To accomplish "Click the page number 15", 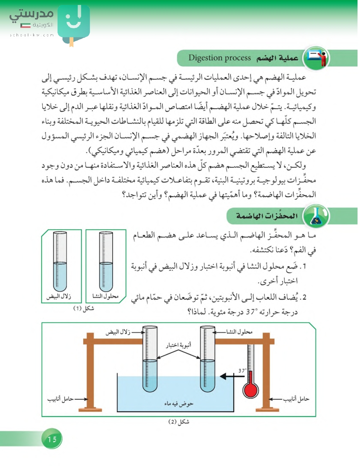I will point(52,439).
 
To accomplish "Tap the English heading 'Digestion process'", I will point(219,58).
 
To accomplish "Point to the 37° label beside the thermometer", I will point(242,371).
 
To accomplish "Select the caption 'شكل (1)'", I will point(84,308).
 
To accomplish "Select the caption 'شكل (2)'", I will point(179,422).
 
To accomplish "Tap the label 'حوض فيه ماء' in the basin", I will point(179,403).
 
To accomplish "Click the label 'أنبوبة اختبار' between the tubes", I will point(179,345).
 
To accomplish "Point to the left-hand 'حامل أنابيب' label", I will point(60,399).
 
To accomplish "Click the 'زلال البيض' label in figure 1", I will point(59,296).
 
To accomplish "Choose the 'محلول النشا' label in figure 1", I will point(105,296).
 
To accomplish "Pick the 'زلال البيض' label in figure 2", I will point(118,332).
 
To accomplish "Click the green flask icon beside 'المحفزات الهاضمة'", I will point(316,216).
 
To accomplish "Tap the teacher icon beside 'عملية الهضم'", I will point(316,58).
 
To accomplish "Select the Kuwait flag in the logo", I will point(25,25).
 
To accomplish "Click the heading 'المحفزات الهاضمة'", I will point(267,216).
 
